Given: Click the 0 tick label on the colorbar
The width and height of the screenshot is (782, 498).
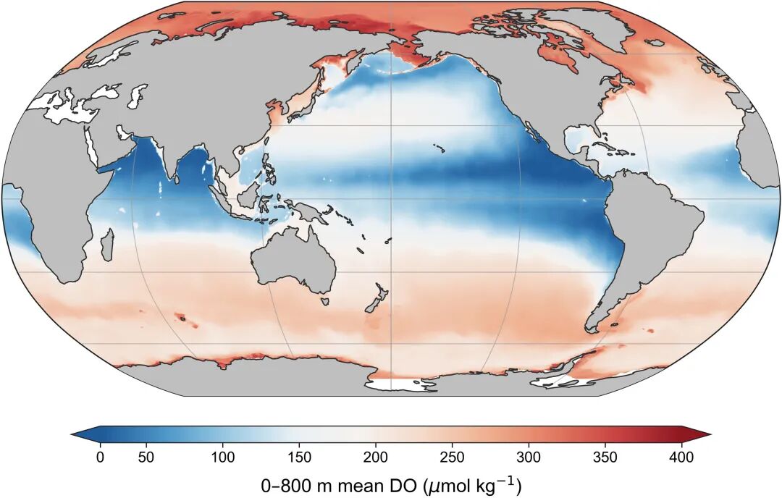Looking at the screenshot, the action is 100,457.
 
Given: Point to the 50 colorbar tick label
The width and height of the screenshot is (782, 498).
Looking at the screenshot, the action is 146,457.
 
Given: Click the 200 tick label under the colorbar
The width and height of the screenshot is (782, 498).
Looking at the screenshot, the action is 376,457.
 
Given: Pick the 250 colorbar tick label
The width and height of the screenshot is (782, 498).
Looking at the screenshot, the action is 453,457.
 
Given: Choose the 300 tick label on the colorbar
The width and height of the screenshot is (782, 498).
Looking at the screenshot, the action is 529,457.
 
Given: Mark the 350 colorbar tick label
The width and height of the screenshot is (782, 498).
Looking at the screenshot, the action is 605,457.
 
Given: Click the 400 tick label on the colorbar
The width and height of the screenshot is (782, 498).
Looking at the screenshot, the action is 681,457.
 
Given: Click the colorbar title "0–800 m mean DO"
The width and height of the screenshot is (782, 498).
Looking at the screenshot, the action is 340,484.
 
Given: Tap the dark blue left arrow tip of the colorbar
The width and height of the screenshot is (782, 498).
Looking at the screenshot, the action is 72,434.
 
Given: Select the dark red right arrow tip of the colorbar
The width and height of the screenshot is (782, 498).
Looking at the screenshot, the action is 710,434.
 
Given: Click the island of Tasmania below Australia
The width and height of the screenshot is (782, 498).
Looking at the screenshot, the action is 324,301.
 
